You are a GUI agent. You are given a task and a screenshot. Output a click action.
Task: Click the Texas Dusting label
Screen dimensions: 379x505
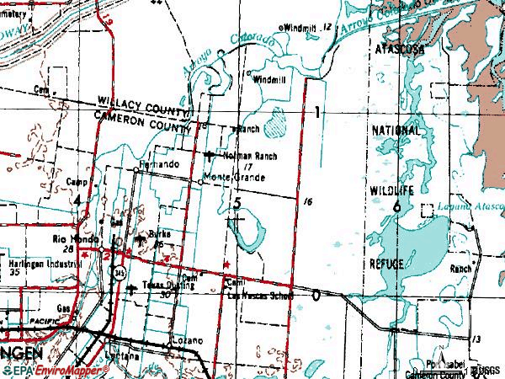point(169,286)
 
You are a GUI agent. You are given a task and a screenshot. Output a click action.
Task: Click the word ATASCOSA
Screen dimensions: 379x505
point(400,51)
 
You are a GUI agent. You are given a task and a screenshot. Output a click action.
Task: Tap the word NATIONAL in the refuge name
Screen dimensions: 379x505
point(396,131)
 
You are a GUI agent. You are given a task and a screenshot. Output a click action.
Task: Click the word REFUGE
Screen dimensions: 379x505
point(387,264)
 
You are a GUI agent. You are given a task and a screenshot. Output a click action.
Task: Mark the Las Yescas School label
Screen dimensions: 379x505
point(261,296)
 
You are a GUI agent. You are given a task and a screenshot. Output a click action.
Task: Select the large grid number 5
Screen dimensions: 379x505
point(238,203)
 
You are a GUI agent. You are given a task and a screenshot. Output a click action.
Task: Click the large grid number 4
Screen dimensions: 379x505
point(77,200)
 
